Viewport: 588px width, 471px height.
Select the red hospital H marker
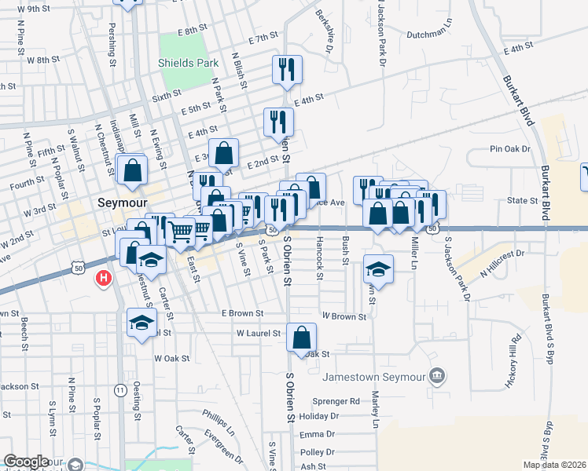point(102,279)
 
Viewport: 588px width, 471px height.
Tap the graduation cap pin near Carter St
point(141,323)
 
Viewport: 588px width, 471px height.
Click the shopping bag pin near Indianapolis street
point(131,170)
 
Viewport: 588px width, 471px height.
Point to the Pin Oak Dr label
point(510,148)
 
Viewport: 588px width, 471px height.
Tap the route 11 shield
point(119,389)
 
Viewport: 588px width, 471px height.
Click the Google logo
point(25,462)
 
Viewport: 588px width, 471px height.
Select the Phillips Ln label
point(219,422)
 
